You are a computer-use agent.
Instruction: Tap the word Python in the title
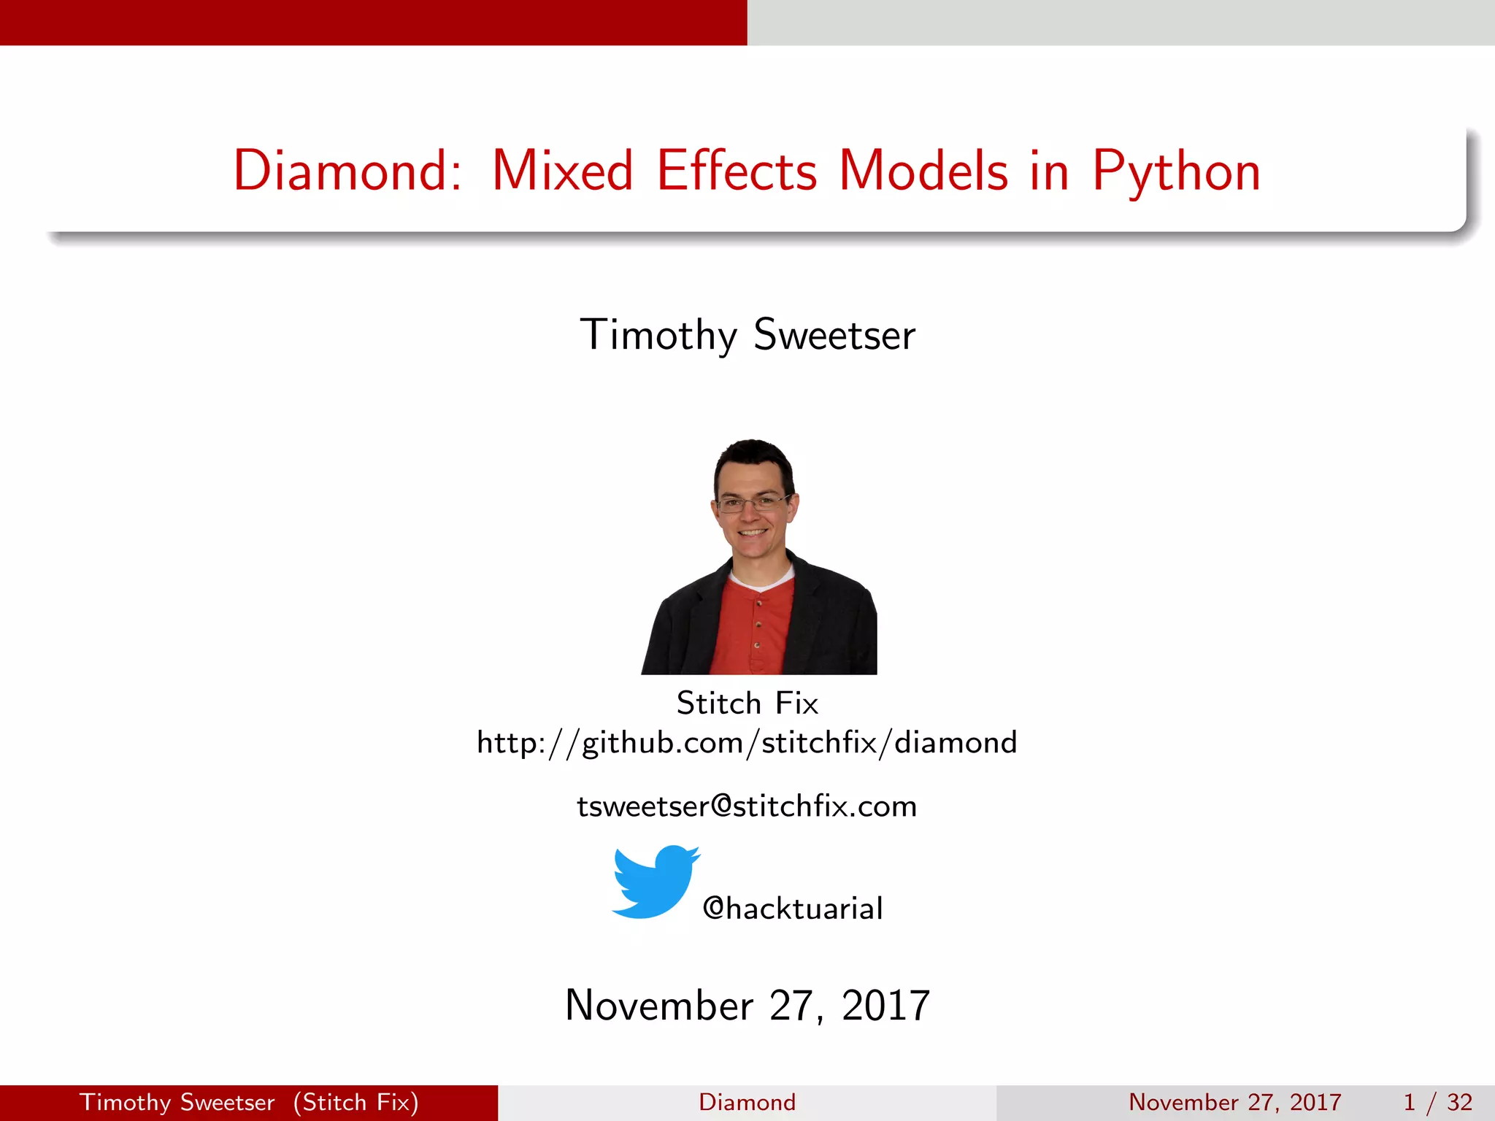[x=1176, y=172]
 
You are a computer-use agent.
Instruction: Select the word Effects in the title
[x=737, y=171]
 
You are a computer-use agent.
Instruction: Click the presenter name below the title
[x=747, y=335]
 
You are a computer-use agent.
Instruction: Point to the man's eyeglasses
[x=752, y=503]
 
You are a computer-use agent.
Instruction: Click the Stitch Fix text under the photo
[x=747, y=704]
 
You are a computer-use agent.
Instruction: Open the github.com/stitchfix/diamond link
[x=747, y=743]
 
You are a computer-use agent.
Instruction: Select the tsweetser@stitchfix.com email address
[x=747, y=806]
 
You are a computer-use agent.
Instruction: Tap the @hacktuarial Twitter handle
[x=793, y=909]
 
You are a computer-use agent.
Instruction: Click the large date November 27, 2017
[x=747, y=1006]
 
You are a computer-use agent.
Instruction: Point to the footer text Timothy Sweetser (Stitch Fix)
[x=249, y=1102]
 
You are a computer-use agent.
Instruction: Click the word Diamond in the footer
[x=747, y=1102]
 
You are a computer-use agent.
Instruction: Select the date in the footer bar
[x=1234, y=1102]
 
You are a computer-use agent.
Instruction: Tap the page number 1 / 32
[x=1437, y=1102]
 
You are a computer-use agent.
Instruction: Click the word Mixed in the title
[x=562, y=171]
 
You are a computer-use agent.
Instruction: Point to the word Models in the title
[x=923, y=171]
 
